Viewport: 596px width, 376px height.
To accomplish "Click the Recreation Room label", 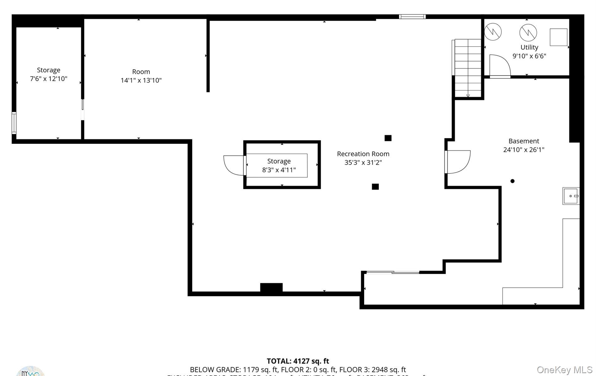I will tap(363, 154).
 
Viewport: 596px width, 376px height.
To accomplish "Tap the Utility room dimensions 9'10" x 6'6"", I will tap(529, 56).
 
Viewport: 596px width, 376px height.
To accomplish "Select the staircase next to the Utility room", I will tap(468, 68).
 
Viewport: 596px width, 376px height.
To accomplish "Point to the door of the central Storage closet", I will tap(234, 165).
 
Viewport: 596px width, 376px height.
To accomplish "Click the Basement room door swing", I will tap(458, 162).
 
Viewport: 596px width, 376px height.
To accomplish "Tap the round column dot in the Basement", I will tap(512, 181).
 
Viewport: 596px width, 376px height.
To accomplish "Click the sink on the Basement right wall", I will tap(571, 196).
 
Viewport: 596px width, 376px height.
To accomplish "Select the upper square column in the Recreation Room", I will tap(388, 138).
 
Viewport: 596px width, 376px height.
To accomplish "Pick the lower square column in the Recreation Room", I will tap(375, 187).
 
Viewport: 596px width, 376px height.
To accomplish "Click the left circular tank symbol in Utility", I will tap(493, 32).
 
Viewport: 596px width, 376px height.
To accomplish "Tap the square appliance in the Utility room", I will tap(558, 37).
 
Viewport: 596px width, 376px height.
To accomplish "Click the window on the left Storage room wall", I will tap(14, 123).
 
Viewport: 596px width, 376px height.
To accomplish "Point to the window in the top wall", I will tap(412, 17).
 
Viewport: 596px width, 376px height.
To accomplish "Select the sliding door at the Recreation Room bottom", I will tap(393, 272).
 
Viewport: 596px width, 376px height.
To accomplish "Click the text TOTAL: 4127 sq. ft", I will tap(298, 361).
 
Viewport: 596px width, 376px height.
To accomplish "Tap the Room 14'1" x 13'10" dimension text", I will tap(141, 81).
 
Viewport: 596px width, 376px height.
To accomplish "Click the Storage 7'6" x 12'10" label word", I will tap(48, 70).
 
